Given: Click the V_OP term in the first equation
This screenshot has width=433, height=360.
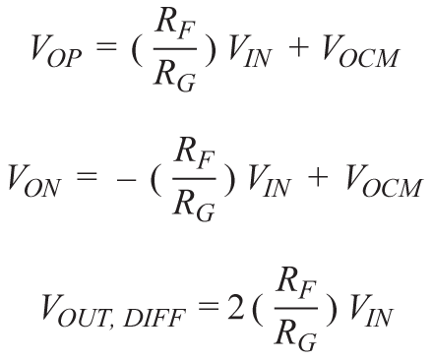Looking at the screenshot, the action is coord(56,52).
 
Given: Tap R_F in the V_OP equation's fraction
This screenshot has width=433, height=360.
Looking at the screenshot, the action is coord(175,26).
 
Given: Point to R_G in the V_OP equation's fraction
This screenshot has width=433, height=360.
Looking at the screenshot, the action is coord(175,75).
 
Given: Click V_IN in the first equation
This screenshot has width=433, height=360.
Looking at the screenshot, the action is coord(250,52).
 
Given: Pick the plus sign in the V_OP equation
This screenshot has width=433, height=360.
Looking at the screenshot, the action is coord(298,47).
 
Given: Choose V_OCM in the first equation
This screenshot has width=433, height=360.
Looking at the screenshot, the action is coord(359,51).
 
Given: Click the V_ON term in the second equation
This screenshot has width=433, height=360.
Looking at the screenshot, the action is coord(34,181).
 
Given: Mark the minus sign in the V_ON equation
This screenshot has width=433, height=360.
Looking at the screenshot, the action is coord(126,180).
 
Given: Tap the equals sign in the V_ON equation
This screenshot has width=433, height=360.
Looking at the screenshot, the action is coord(86,176).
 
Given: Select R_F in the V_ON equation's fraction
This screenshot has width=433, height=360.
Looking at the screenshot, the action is coord(195,154).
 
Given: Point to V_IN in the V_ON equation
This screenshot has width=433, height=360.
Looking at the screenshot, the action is coord(270,181).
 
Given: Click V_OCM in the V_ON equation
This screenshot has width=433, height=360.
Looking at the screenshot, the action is coord(383,181).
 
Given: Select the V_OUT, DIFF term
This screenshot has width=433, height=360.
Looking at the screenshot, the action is coord(113,311).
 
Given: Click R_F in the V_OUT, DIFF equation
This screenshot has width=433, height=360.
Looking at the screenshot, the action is coord(296,284).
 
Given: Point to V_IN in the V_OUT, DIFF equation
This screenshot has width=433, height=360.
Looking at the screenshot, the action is coord(371,310).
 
